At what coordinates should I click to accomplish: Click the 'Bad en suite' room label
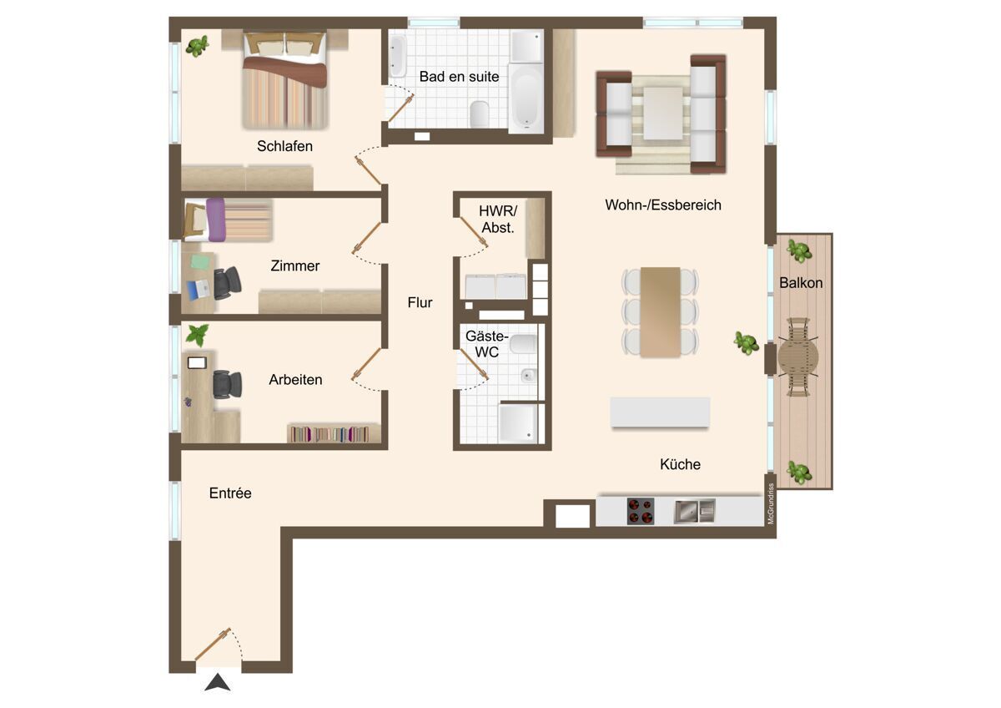[459, 77]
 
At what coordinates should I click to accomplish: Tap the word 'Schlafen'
[284, 146]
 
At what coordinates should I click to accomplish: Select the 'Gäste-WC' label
[486, 344]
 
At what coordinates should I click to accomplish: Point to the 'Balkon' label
[801, 283]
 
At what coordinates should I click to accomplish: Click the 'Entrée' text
[230, 493]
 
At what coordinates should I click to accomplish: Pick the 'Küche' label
[680, 464]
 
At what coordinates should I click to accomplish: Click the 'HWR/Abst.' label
[498, 219]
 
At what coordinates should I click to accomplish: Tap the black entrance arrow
[218, 682]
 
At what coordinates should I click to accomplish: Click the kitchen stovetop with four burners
[641, 511]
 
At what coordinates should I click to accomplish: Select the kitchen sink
[695, 511]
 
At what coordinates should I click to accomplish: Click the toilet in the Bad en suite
[479, 114]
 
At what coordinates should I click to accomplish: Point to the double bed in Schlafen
[285, 79]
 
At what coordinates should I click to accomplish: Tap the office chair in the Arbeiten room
[228, 384]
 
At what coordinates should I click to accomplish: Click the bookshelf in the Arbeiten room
[334, 433]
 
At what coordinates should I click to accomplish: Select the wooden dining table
[661, 312]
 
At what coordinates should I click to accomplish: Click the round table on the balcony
[798, 357]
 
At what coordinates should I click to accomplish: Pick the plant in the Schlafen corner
[197, 46]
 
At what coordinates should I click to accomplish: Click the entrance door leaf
[213, 644]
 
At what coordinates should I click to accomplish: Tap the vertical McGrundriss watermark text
[771, 503]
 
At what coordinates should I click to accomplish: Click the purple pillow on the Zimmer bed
[216, 220]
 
